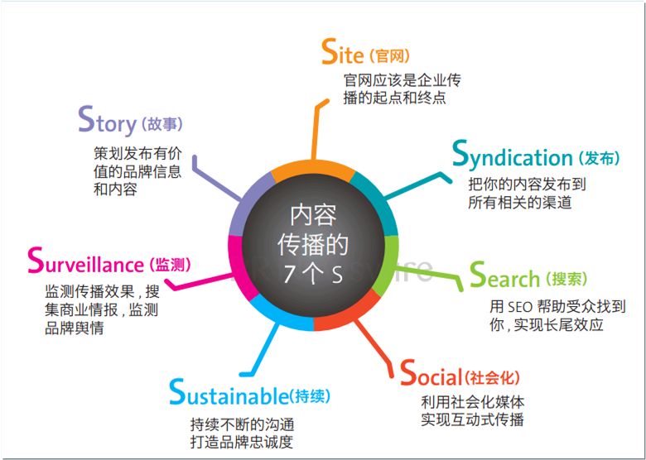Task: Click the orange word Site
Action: click(342, 52)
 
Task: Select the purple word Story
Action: click(107, 120)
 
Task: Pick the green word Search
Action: click(504, 276)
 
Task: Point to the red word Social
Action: click(431, 373)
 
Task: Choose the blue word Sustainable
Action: click(229, 392)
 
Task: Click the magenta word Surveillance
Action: click(85, 261)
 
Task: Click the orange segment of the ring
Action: click(312, 170)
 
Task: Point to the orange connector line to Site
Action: click(317, 128)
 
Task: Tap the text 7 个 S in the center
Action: click(313, 274)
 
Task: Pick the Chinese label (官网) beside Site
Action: click(389, 56)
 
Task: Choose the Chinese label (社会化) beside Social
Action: click(492, 377)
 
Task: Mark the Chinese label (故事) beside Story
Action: click(161, 124)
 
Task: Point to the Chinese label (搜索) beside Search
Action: click(566, 280)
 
